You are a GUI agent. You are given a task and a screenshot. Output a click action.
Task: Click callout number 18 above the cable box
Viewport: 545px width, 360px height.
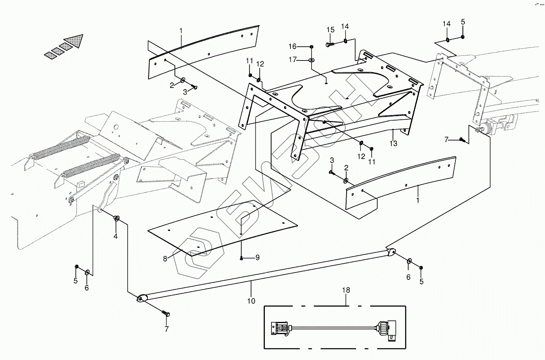(x=346, y=291)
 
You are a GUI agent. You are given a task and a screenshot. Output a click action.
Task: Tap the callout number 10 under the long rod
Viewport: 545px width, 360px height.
(x=251, y=301)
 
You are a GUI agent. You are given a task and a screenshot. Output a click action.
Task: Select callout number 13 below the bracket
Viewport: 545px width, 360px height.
(x=393, y=143)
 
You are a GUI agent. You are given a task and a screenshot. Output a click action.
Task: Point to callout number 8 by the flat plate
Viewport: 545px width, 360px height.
(x=165, y=258)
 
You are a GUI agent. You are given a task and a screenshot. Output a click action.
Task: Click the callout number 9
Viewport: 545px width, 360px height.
(x=257, y=258)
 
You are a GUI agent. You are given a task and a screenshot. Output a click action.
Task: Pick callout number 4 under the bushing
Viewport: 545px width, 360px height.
(x=116, y=236)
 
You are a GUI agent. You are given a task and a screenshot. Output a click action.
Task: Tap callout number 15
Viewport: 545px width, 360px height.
(x=330, y=30)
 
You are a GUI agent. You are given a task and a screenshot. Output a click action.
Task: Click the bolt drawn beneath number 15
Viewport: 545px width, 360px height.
(x=330, y=45)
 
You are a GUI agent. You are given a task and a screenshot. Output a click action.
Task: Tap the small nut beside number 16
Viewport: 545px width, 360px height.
(x=312, y=47)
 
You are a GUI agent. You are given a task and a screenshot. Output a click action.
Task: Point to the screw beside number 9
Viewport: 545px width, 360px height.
(x=242, y=258)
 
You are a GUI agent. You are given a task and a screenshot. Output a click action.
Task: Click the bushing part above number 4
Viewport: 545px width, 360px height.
(x=116, y=218)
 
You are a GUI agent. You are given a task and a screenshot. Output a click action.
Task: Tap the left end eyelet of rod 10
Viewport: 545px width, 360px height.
(x=141, y=299)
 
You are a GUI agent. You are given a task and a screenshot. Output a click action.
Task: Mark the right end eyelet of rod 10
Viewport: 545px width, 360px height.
(x=391, y=252)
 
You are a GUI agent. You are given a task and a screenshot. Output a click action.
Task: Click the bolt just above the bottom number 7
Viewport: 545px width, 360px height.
(x=165, y=314)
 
